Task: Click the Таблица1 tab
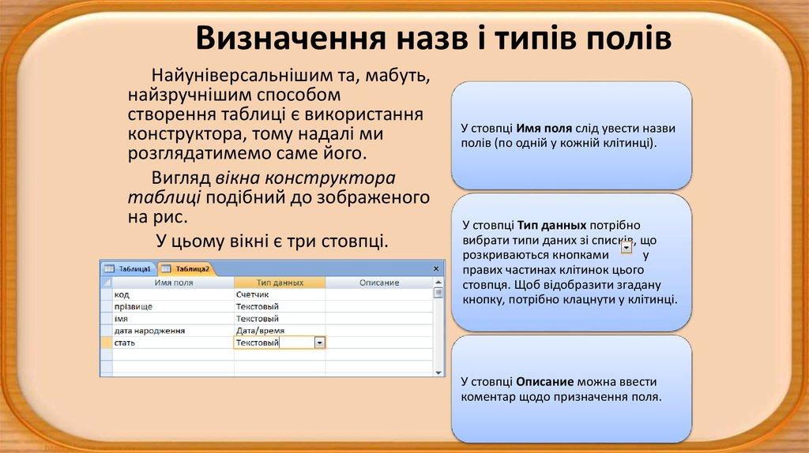pos(128,269)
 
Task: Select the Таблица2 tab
pos(186,269)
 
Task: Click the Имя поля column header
pos(173,282)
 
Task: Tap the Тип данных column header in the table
pos(280,282)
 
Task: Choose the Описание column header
pos(379,282)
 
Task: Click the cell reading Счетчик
pos(254,294)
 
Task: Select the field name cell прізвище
pos(134,306)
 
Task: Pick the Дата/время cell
pos(260,331)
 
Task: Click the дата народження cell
pos(149,331)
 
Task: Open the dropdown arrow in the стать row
pos(319,343)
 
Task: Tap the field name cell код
pos(122,294)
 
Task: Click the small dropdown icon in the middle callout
pos(627,248)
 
